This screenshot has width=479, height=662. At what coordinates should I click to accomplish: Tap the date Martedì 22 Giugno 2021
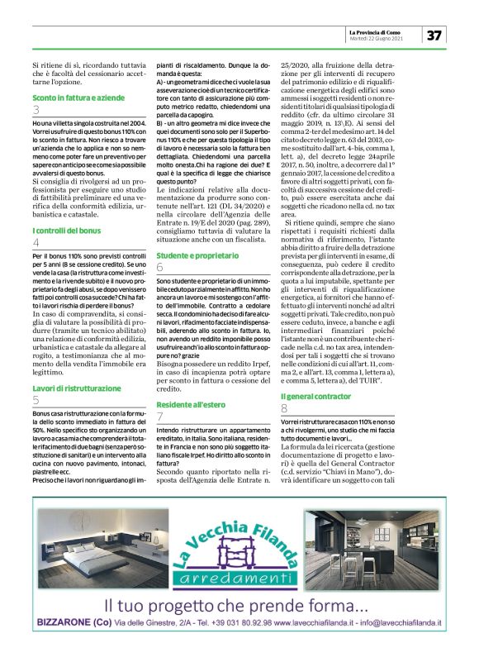(376, 38)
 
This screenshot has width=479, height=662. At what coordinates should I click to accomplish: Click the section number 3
(36, 110)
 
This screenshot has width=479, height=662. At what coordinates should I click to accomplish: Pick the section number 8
(285, 408)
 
